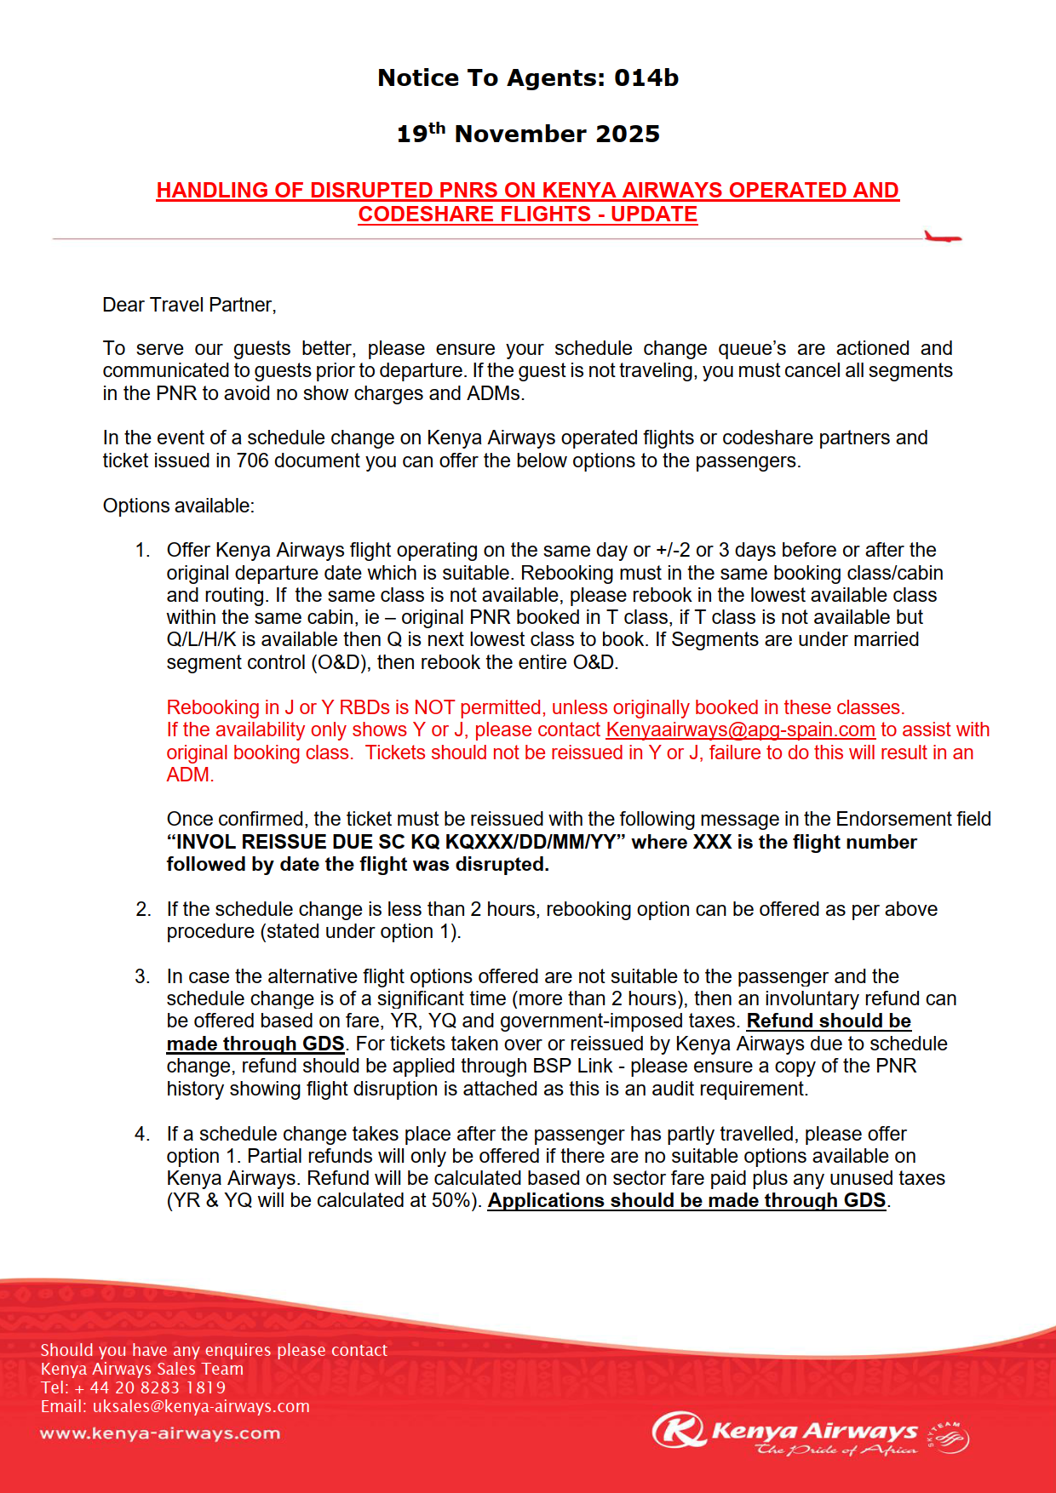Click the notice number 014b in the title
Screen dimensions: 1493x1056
coord(646,78)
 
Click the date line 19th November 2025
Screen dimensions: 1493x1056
coord(528,134)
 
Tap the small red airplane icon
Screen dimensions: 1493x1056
coord(943,237)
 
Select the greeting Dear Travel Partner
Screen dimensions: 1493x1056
coord(189,305)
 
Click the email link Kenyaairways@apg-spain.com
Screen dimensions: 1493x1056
coord(740,729)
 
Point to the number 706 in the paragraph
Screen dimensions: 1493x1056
coord(253,460)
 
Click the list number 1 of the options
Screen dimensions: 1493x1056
coord(142,550)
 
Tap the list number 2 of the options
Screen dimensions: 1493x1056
coord(142,909)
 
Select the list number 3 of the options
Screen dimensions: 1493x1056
coord(142,976)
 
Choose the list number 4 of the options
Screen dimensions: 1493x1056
coord(142,1134)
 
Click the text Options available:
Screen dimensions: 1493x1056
coord(179,506)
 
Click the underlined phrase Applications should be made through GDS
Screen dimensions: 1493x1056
coord(686,1200)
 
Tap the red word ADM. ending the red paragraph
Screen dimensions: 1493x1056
coord(190,775)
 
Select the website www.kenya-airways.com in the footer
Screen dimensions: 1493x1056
coord(160,1433)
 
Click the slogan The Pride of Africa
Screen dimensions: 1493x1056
coord(836,1450)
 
